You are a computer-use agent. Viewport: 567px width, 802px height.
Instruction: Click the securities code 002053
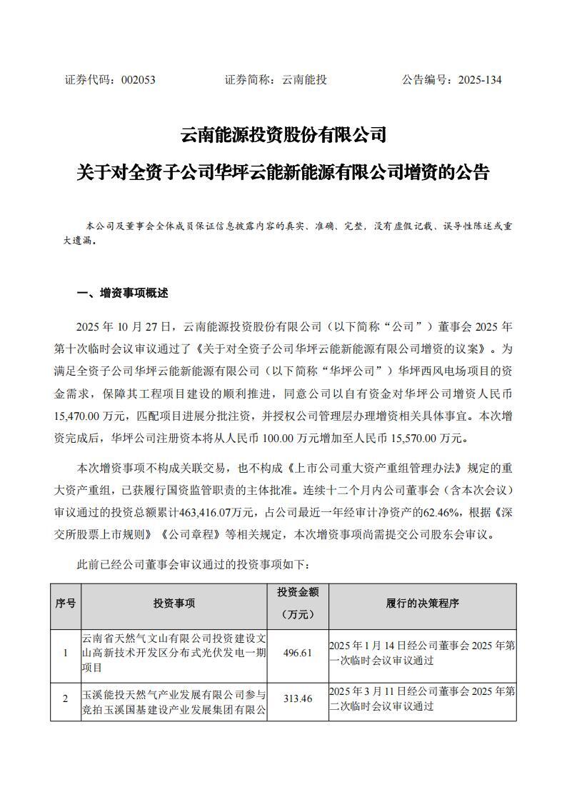point(139,80)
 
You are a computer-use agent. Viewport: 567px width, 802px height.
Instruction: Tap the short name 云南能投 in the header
point(305,80)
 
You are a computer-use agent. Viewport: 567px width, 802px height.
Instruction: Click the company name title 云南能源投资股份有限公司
point(283,134)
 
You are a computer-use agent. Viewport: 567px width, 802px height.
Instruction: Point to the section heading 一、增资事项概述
point(122,293)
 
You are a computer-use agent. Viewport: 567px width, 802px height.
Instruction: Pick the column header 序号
point(66,603)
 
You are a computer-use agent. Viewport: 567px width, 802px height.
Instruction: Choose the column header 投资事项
point(174,603)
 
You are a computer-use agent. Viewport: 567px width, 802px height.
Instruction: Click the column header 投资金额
point(297,593)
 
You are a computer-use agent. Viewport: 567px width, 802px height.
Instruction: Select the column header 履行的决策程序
point(422,603)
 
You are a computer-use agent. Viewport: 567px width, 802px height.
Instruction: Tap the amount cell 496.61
point(297,653)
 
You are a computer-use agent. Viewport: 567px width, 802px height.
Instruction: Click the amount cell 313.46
point(297,699)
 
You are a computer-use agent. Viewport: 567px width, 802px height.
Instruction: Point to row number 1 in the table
point(66,653)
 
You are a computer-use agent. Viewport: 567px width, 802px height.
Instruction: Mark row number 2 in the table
point(66,699)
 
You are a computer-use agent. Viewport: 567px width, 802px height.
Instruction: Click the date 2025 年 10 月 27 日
point(126,328)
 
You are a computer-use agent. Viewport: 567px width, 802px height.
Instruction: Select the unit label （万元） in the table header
point(297,615)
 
